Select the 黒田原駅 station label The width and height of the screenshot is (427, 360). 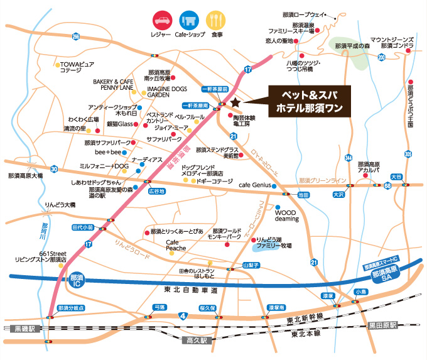[x=382, y=325]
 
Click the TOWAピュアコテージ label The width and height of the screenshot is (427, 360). [x=76, y=68]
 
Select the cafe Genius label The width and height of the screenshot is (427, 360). [x=253, y=185]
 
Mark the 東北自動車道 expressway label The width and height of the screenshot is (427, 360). [x=188, y=290]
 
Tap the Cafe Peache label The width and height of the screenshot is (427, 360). [x=176, y=245]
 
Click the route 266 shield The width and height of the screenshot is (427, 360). [x=76, y=37]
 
